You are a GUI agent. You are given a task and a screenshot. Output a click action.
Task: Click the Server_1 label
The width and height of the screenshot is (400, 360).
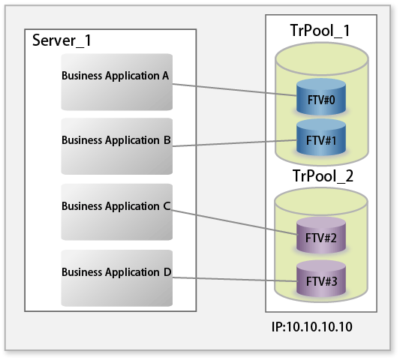(62, 40)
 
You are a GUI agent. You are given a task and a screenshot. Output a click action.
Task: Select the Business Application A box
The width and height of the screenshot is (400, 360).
(117, 82)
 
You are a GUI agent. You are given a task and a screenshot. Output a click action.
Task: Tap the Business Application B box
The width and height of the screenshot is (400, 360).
(117, 146)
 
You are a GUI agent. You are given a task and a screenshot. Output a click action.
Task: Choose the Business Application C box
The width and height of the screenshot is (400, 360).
(117, 211)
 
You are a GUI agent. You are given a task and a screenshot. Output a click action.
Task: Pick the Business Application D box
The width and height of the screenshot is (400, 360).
(117, 278)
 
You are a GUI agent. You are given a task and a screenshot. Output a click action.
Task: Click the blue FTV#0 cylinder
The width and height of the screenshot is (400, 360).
(321, 97)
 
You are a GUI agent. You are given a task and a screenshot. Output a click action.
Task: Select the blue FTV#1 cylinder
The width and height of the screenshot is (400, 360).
(321, 137)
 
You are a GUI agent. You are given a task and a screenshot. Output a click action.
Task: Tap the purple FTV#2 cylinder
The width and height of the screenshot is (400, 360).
(321, 235)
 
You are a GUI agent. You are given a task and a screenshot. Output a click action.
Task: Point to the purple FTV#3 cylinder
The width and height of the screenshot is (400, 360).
(321, 279)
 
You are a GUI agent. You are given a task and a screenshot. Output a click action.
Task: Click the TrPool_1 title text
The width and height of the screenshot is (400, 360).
(320, 31)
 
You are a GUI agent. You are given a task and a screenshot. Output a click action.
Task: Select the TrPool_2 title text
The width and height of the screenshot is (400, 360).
(323, 176)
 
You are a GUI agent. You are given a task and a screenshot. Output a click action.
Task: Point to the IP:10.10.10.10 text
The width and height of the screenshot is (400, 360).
(312, 326)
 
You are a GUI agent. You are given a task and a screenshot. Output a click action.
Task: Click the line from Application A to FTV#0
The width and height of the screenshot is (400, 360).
(235, 90)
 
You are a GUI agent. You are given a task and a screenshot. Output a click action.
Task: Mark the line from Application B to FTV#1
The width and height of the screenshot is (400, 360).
(235, 143)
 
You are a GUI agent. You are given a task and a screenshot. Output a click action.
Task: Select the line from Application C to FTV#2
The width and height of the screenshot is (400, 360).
(234, 222)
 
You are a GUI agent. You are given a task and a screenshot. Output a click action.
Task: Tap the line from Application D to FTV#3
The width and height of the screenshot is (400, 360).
(235, 280)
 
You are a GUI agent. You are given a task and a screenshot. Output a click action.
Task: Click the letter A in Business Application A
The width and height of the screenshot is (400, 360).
(166, 76)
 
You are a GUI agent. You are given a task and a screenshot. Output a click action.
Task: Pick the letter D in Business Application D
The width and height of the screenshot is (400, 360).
(167, 272)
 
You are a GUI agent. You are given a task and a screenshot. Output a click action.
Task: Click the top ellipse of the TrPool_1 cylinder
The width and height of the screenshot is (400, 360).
(322, 59)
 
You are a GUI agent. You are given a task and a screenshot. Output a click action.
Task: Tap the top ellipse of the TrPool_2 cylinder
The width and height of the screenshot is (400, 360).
(321, 202)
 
